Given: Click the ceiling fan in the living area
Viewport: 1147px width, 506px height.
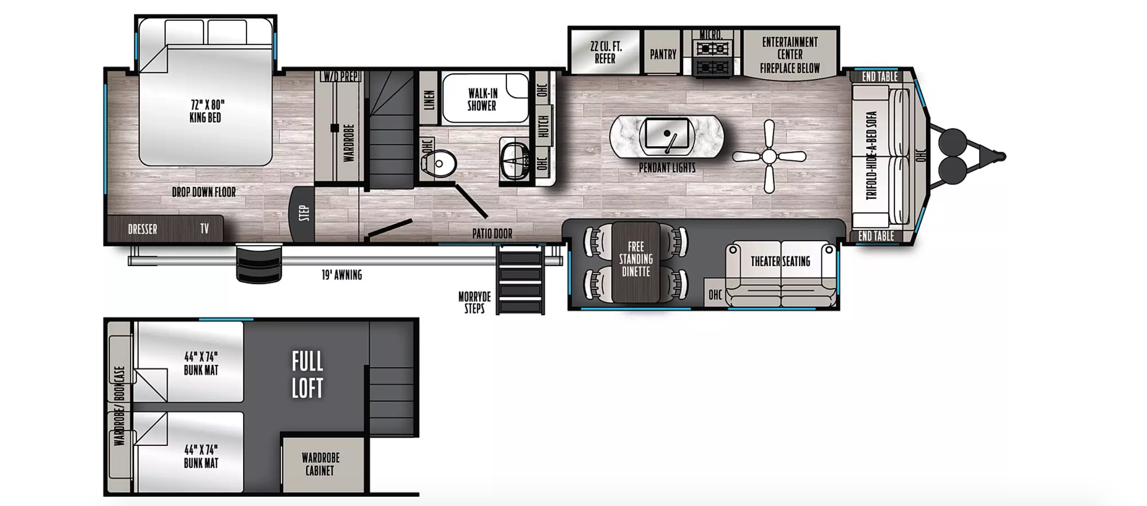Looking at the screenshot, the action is tap(769, 156).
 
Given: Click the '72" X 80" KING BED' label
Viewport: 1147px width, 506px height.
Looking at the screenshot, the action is tap(206, 111).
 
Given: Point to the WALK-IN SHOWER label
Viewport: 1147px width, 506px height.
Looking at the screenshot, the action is tap(482, 99).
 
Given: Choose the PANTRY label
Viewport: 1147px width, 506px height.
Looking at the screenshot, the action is tap(663, 55).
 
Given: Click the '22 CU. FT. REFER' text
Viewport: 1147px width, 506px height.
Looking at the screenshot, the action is tap(606, 52).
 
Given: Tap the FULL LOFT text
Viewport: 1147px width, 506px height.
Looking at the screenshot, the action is tap(307, 375).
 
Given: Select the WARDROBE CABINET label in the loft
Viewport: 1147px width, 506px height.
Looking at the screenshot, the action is tap(320, 464).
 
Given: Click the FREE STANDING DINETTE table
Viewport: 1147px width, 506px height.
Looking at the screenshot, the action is tap(636, 262).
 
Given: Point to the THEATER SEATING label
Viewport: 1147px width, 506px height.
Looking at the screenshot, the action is tap(780, 261).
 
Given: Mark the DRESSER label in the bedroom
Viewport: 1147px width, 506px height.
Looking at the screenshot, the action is tap(142, 229).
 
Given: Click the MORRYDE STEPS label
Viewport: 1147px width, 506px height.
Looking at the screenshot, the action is tap(474, 303).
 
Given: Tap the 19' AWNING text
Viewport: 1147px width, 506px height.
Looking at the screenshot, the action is tap(342, 275).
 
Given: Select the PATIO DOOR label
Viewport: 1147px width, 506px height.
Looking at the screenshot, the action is tap(492, 234).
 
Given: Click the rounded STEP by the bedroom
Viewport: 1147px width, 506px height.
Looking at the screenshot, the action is tap(302, 214).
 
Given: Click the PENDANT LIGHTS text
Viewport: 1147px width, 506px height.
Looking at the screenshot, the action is tap(667, 168).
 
